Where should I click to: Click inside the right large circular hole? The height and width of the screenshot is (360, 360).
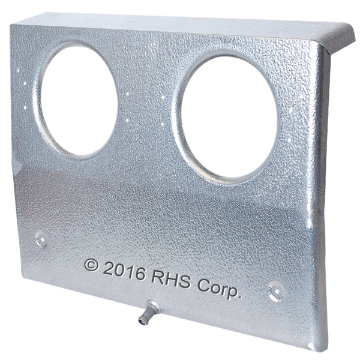click(229, 116)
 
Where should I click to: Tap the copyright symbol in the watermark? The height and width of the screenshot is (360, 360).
click(91, 265)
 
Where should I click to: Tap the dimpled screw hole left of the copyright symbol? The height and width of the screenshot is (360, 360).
click(41, 239)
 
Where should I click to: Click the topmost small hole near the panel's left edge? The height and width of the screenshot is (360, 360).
click(17, 70)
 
